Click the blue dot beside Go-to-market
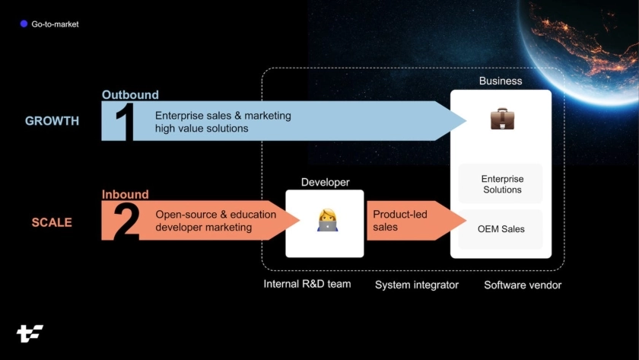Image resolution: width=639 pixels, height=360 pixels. pyautogui.click(x=24, y=24)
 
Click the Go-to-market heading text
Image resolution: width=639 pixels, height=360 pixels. pyautogui.click(x=55, y=24)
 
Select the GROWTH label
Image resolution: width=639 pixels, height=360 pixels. pyautogui.click(x=52, y=121)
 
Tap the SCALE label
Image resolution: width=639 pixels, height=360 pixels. pyautogui.click(x=52, y=222)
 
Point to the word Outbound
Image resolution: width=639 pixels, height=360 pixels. pyautogui.click(x=130, y=95)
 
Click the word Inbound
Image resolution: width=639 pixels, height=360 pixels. pyautogui.click(x=125, y=195)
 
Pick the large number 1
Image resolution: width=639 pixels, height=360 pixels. pyautogui.click(x=124, y=122)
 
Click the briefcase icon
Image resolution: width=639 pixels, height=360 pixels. pyautogui.click(x=501, y=119)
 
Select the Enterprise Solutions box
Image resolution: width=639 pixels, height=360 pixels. pyautogui.click(x=501, y=184)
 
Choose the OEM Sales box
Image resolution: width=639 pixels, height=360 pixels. pyautogui.click(x=501, y=229)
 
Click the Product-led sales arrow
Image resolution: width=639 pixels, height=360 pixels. pyautogui.click(x=411, y=221)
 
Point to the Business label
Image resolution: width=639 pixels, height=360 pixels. pyautogui.click(x=501, y=81)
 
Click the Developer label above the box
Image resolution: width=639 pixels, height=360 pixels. pyautogui.click(x=325, y=182)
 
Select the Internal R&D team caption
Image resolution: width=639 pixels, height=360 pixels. pyautogui.click(x=307, y=285)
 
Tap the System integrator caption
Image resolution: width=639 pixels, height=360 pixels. pyautogui.click(x=417, y=285)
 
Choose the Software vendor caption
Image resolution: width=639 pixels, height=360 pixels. pyautogui.click(x=523, y=285)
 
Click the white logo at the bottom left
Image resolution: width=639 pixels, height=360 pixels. pyautogui.click(x=30, y=333)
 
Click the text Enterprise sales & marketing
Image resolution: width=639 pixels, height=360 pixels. pyautogui.click(x=223, y=116)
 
